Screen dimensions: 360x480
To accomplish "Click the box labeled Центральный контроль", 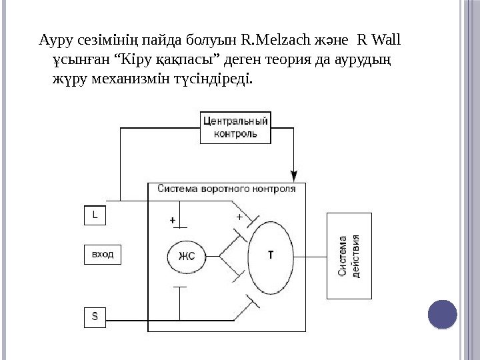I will [235, 127].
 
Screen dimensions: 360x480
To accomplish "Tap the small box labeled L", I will [95, 215].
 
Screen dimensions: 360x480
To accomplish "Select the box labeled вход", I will [103, 254].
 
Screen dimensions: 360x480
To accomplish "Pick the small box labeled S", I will [95, 317].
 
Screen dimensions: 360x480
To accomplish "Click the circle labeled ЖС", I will [186, 255].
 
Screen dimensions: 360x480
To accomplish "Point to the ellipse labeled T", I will [270, 255].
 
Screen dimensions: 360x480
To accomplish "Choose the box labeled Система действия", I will [350, 255].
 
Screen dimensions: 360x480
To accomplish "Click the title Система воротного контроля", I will [226, 189].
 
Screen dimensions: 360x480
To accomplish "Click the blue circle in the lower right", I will [441, 315].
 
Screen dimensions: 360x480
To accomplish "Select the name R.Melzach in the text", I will [269, 41].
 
